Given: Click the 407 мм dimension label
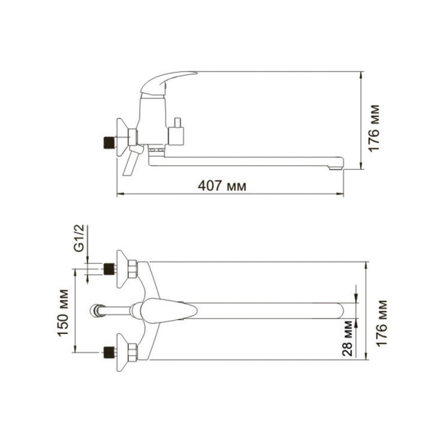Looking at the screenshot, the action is click(x=222, y=186).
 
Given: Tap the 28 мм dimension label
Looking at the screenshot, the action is click(x=347, y=338).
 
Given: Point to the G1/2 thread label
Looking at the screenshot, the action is click(x=79, y=238).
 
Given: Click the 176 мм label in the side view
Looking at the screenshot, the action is click(x=374, y=128).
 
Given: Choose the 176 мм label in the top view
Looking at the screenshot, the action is click(x=382, y=323).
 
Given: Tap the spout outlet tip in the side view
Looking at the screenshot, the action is click(x=336, y=168).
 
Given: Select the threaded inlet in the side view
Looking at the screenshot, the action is click(x=110, y=142).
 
